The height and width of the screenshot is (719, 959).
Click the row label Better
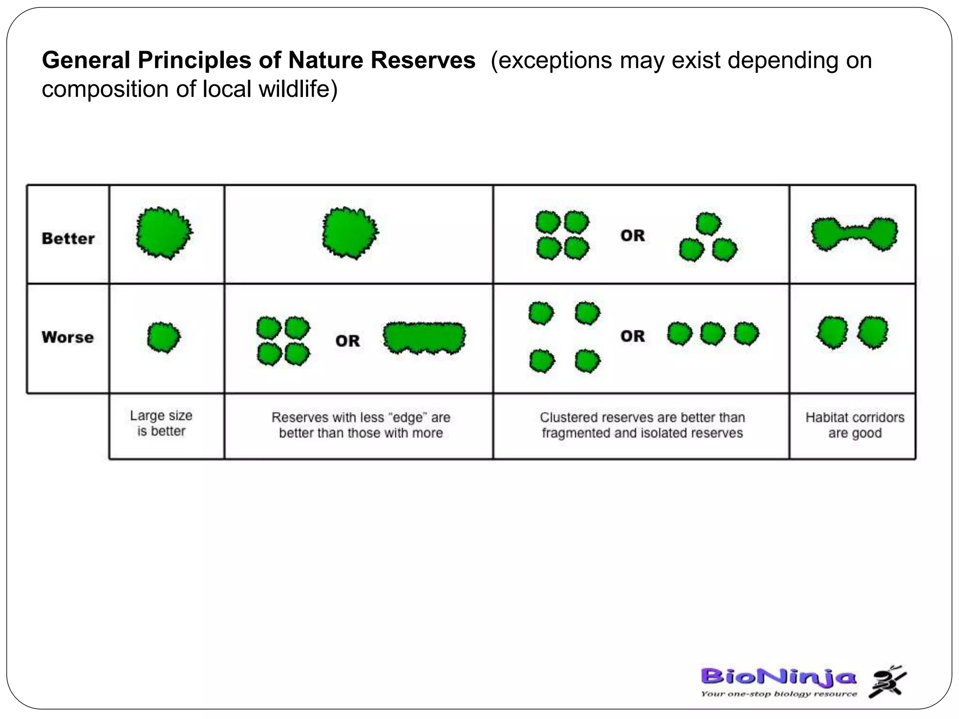click(68, 238)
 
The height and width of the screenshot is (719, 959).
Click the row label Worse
click(68, 337)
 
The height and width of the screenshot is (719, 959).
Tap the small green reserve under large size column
click(163, 337)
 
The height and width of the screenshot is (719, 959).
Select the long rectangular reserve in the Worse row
click(424, 338)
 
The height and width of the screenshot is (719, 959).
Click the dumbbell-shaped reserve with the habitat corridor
click(855, 234)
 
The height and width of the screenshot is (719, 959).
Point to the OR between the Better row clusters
click(633, 235)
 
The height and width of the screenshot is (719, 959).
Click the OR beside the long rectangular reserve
click(347, 341)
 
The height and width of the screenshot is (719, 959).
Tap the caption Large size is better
click(162, 423)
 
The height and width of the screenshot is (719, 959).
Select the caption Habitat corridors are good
click(855, 425)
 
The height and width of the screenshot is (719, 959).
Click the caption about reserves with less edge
click(361, 425)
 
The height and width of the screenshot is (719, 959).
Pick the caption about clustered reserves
click(642, 425)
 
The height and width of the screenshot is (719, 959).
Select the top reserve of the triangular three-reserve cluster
click(708, 224)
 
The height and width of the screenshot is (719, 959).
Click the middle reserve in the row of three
click(713, 334)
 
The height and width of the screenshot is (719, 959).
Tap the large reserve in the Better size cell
click(164, 233)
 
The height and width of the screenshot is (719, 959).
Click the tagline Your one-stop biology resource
click(778, 694)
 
